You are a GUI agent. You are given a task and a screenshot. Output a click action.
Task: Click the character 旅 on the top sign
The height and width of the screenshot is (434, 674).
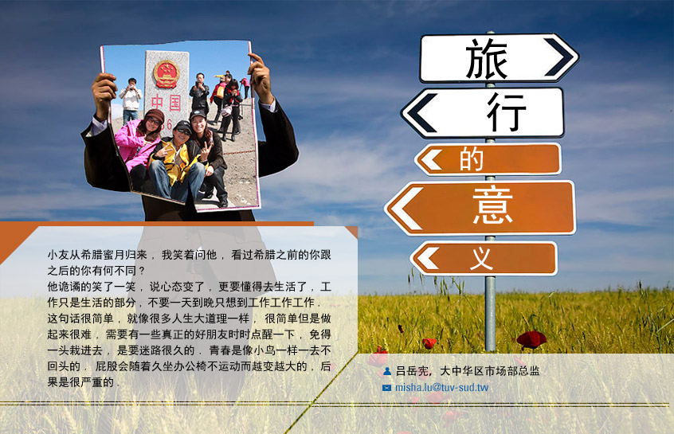(x=486, y=58)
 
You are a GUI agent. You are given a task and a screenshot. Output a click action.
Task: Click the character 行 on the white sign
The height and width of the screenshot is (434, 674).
(x=507, y=112)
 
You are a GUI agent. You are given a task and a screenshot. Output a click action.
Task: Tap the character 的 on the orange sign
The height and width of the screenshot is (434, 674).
(x=472, y=159)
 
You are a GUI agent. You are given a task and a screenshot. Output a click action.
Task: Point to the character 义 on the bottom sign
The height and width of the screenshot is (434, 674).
(x=481, y=258)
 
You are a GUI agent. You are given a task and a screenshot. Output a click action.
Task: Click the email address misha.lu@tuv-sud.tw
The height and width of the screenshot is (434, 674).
(x=441, y=388)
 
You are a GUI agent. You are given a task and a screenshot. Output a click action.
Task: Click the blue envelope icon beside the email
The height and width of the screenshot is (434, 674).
(x=386, y=388)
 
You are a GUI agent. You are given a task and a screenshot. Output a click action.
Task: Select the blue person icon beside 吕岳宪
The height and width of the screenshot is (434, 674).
(x=387, y=371)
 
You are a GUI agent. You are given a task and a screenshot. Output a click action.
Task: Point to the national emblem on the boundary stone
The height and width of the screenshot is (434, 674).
(x=167, y=74)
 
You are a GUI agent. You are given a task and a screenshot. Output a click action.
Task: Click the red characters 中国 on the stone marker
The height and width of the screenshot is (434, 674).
(x=166, y=104)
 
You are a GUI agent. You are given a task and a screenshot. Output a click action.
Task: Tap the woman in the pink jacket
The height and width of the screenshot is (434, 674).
(x=139, y=146)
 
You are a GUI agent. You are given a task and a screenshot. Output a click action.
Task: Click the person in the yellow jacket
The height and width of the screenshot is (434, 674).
(x=177, y=163)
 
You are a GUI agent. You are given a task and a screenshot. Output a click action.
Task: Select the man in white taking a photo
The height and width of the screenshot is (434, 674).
(x=131, y=100)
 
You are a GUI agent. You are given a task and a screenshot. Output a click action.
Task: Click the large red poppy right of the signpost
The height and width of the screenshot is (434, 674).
(x=531, y=339)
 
